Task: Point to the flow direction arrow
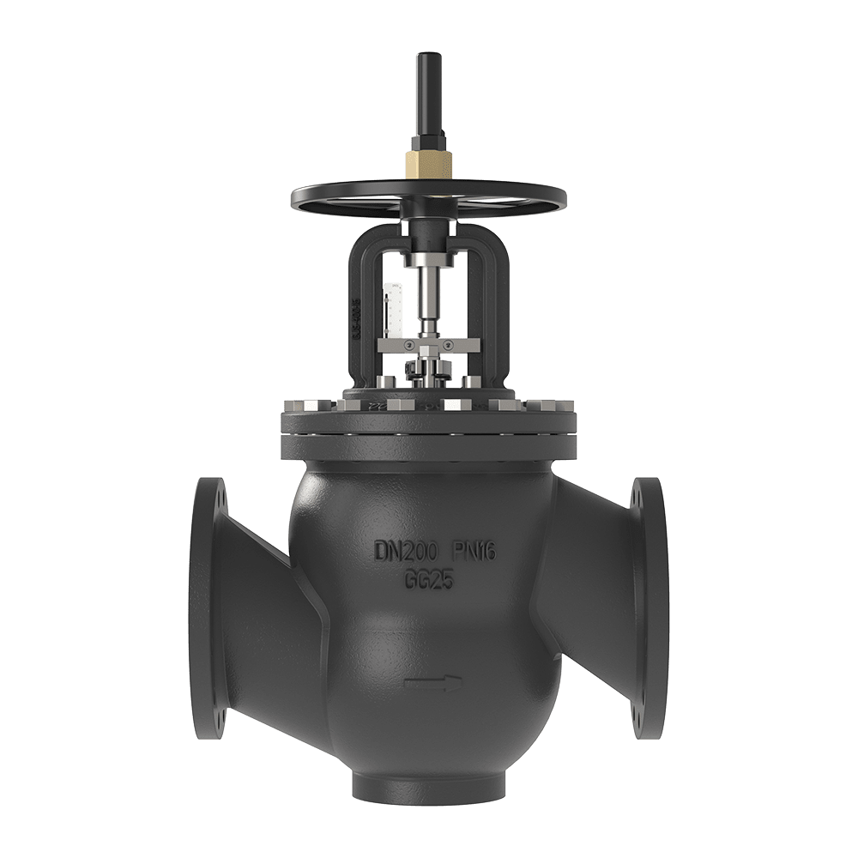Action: tap(433, 683)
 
